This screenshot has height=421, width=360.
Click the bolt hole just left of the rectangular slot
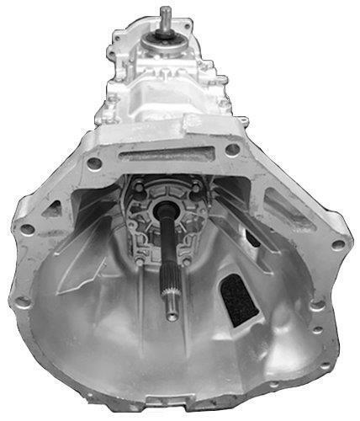(x=95, y=163)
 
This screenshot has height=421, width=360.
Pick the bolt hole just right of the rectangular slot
(x=231, y=150)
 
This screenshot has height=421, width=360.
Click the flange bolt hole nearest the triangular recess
(x=28, y=228)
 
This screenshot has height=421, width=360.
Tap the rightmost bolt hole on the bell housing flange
(x=338, y=244)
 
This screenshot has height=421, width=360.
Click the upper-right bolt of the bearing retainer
(x=196, y=184)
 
